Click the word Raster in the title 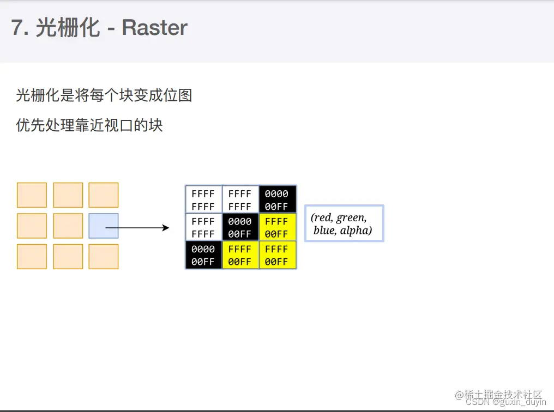pos(155,28)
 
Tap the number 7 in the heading pos(17,28)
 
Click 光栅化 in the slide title pos(68,28)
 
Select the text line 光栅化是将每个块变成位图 pos(104,96)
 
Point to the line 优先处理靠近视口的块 pos(89,126)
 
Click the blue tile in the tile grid pos(104,226)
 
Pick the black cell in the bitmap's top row pos(278,199)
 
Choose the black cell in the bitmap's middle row pos(240,227)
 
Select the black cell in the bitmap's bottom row pos(203,255)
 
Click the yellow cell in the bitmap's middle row pos(278,227)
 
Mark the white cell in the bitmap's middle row pos(203,227)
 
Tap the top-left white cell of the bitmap pos(203,199)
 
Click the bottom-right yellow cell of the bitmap pos(278,255)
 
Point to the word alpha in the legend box pos(357,231)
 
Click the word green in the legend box pos(351,218)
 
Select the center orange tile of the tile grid pos(68,226)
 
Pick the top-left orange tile pos(32,195)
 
